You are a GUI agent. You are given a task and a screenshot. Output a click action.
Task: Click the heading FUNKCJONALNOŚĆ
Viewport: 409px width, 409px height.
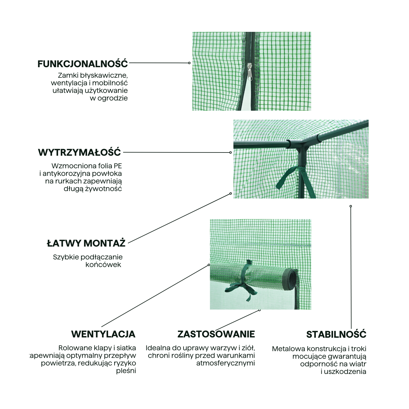tap(83, 64)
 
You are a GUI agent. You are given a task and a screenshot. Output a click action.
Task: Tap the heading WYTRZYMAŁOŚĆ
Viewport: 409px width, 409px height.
tap(79, 152)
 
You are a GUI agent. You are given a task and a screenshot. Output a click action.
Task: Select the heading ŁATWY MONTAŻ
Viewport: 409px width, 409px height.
tap(86, 243)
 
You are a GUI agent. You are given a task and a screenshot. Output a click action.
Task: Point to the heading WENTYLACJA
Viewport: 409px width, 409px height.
tap(103, 334)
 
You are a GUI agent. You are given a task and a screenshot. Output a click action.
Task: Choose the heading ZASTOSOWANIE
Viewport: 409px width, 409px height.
tap(216, 334)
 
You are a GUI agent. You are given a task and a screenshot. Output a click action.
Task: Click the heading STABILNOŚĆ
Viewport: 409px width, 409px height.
tap(336, 335)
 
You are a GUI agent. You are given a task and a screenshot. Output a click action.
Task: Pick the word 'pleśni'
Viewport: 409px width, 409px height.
tap(126, 371)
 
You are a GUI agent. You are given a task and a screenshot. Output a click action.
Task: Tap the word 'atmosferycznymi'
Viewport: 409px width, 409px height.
tap(226, 363)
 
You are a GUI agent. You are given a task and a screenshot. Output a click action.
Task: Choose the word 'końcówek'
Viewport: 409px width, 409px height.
tap(103, 265)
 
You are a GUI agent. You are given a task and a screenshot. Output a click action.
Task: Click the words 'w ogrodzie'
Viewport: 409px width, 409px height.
tap(109, 98)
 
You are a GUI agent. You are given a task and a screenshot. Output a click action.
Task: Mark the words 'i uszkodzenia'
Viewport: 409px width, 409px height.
tap(344, 372)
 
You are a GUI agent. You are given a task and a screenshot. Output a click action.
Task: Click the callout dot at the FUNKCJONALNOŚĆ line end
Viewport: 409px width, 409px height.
tap(189, 63)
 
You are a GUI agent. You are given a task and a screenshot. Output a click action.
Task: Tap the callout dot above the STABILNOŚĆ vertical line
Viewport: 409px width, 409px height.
tap(351, 206)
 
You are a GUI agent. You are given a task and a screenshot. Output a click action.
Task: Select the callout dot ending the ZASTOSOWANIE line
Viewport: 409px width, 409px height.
tap(259, 310)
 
